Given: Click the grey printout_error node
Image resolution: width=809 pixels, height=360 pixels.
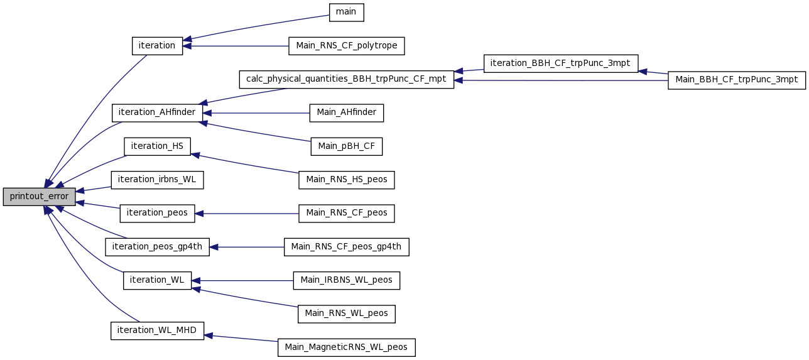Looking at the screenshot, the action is coord(39,197).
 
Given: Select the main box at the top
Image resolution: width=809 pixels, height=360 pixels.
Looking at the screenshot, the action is coord(346,13).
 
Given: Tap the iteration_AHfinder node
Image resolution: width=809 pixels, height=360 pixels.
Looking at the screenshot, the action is coord(157,113).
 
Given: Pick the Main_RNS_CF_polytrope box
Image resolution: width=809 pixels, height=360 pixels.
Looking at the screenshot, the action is coord(346,46).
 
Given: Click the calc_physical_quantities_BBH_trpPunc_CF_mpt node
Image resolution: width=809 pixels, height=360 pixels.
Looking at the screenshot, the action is coord(346,79).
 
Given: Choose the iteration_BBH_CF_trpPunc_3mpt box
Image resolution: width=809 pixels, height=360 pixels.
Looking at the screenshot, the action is coord(560,63).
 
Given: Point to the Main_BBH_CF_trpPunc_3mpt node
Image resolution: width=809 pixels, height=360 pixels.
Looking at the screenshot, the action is coord(736,80).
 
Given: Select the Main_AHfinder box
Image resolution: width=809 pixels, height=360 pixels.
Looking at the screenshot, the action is coord(346,113).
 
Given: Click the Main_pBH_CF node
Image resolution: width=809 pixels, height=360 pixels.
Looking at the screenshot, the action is coord(346,146).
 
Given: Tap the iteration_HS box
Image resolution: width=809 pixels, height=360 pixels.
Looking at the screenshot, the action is coord(157,146).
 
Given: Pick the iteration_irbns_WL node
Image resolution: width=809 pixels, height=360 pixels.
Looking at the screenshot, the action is coord(157,180).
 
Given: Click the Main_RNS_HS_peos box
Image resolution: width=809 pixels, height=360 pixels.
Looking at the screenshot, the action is coord(346,180).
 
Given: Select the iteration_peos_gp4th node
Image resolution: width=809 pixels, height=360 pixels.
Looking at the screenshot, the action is coord(157,247).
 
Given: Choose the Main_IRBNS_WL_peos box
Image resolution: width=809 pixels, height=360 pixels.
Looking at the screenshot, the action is coord(346,281).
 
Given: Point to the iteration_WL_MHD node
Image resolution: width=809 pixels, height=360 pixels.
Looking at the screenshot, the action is coord(157,330).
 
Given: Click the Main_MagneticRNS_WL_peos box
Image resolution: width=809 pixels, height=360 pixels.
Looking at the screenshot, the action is coord(346,347).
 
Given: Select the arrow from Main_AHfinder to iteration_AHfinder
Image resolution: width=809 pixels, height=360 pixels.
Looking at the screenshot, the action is coord(256,113).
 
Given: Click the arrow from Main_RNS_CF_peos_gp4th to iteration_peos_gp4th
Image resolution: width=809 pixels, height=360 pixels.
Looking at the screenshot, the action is coord(247,248).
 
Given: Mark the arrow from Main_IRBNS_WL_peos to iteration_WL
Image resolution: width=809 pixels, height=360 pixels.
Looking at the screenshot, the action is coord(242,281).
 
